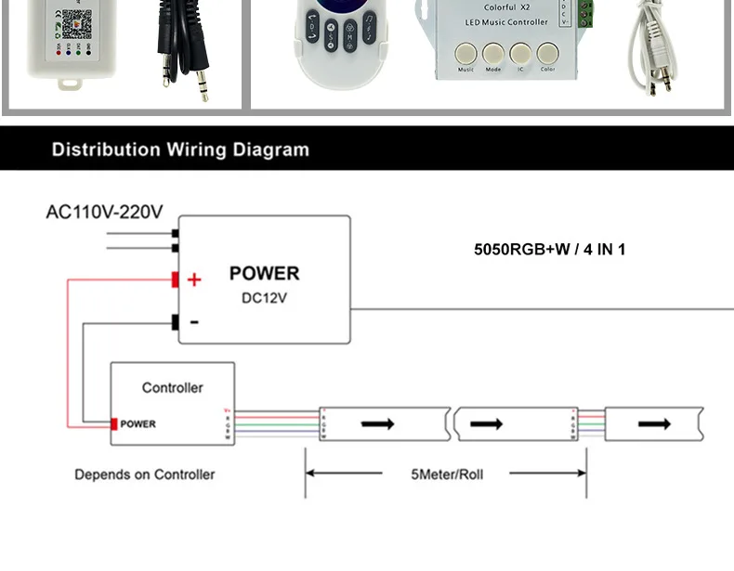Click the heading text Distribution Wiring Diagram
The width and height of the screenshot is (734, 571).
[180, 149]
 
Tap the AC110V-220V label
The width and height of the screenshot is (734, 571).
[104, 212]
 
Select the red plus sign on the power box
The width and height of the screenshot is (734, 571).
[194, 279]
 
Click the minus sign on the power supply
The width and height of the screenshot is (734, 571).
[194, 322]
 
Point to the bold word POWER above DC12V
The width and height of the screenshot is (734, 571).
[264, 274]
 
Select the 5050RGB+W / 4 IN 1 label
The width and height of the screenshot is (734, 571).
[550, 249]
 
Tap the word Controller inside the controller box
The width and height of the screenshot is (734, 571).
[172, 387]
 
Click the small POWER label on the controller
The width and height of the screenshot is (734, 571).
[138, 424]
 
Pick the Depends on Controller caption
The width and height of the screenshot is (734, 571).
[144, 474]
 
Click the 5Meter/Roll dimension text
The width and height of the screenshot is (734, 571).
[447, 474]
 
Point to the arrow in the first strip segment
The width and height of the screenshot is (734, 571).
[377, 423]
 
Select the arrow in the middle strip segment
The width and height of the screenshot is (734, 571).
[486, 423]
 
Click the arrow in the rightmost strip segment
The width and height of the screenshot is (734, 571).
[653, 423]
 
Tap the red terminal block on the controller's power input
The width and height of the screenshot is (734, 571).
[114, 424]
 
